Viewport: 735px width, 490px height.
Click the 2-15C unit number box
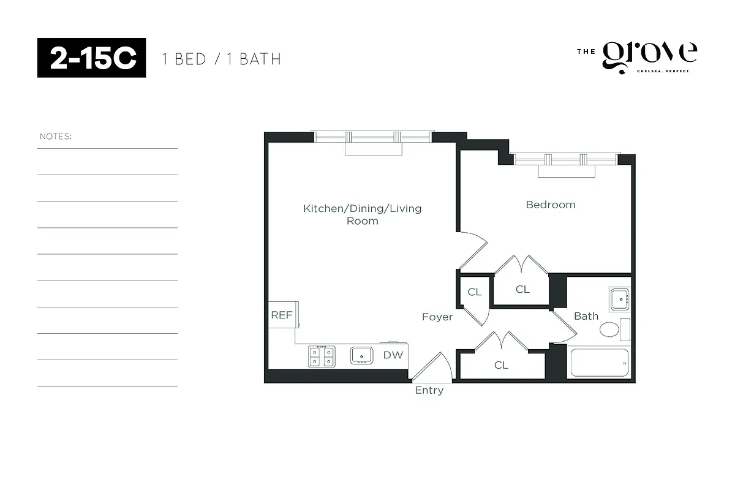point(91,58)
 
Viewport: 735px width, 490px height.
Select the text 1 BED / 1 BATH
point(221,59)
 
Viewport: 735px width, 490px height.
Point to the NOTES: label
point(56,136)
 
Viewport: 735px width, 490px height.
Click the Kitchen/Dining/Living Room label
point(363,214)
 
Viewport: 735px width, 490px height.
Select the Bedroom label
point(551,205)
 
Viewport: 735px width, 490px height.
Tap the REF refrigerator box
point(282,315)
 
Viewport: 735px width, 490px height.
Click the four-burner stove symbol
point(322,356)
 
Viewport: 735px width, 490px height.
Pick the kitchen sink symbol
point(362,355)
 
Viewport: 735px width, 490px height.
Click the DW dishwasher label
point(393,355)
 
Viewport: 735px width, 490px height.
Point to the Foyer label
point(437,317)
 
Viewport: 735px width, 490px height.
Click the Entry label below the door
point(429,390)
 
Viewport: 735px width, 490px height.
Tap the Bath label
point(586,316)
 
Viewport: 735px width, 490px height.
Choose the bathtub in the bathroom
point(600,363)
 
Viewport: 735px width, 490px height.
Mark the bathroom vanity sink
point(620,300)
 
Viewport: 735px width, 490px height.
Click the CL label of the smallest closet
point(475,292)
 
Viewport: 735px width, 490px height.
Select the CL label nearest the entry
point(501,365)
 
